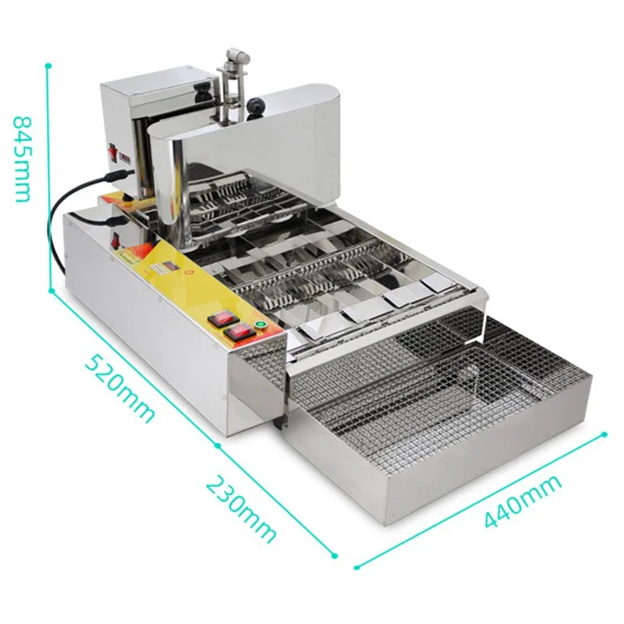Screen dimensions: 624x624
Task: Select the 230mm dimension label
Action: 241,509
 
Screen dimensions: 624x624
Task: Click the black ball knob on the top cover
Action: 256,104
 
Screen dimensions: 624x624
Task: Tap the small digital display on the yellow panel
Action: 168,270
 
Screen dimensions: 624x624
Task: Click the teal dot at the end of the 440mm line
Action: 604,434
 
